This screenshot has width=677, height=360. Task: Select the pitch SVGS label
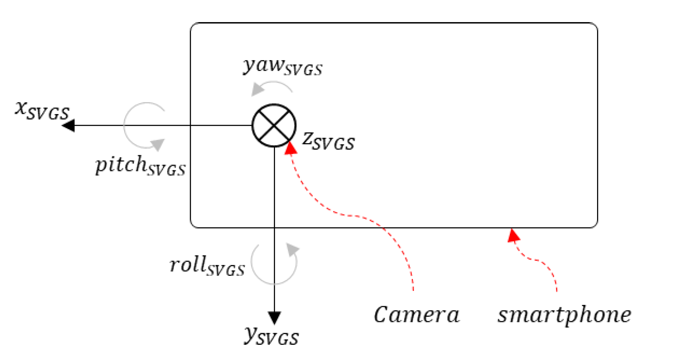[x=140, y=166]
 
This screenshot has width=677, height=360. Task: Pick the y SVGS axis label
[x=272, y=336]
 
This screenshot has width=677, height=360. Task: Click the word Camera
[x=416, y=315]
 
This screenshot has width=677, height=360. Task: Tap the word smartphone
[x=564, y=315]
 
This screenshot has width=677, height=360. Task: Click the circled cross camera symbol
[x=274, y=125]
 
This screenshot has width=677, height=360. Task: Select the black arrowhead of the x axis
[x=69, y=125]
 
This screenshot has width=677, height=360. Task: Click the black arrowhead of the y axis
[x=274, y=318]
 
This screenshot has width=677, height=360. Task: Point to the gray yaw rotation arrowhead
[x=257, y=90]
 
